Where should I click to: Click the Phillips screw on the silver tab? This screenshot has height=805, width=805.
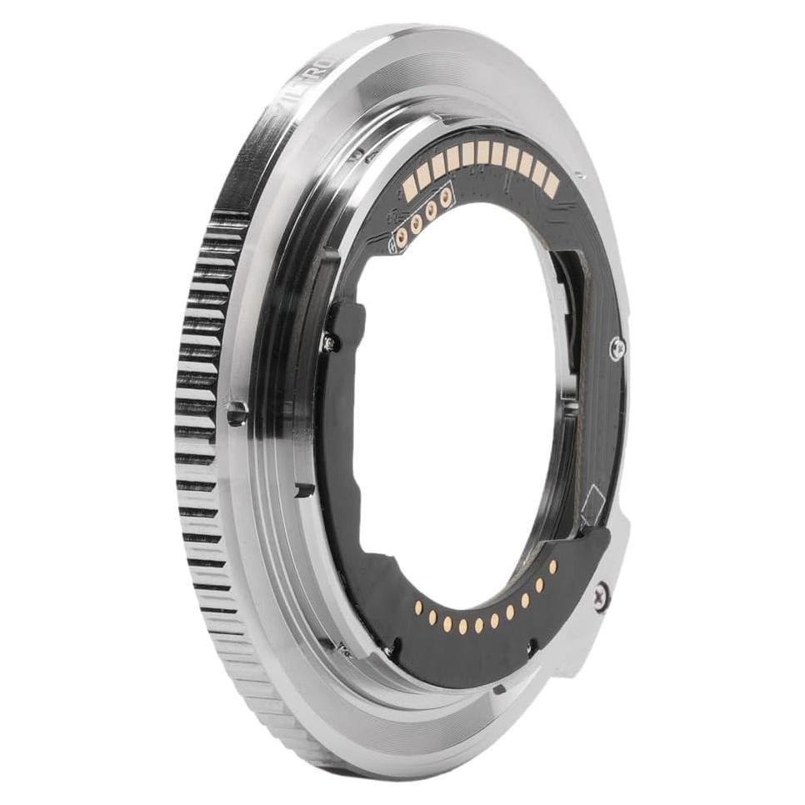pos(601,596)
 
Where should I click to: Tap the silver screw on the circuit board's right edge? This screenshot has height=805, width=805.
pos(617,347)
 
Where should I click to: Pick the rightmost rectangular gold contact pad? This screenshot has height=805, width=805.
pos(551,187)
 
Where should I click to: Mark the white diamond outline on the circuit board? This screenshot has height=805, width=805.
pos(592,503)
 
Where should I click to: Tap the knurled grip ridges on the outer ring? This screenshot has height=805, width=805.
pos(200,400)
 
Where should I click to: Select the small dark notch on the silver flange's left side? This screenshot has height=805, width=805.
pos(303,491)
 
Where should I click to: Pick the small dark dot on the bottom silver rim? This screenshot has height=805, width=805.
pos(497,688)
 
